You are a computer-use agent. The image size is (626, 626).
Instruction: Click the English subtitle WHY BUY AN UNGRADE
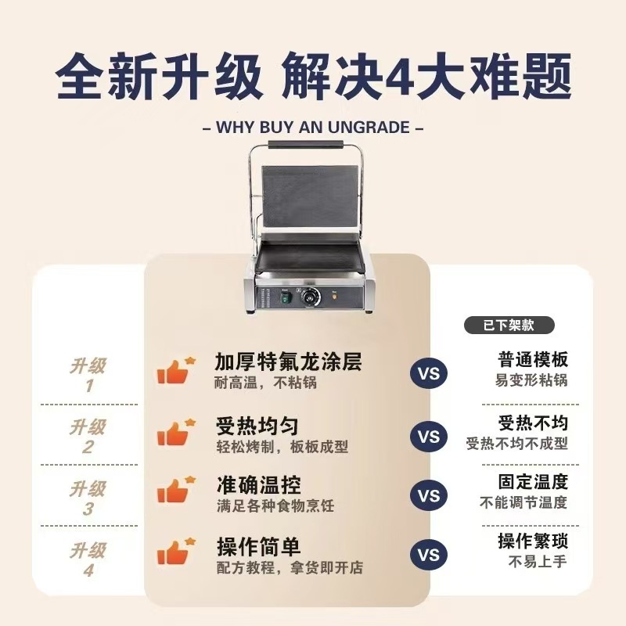(313, 126)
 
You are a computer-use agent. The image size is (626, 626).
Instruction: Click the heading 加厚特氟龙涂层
(290, 363)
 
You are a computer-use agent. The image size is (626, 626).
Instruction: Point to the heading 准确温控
(258, 486)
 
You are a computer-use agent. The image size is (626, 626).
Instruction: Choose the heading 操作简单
(258, 547)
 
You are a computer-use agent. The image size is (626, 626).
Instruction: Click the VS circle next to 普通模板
(429, 373)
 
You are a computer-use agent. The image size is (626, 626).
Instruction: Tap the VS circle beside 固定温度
(429, 495)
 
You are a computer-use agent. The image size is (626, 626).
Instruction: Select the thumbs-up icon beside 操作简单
(175, 552)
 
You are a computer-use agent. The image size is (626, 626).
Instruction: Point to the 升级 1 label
(88, 375)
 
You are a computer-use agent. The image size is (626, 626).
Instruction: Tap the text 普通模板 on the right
(533, 360)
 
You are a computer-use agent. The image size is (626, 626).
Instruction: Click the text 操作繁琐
(533, 541)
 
